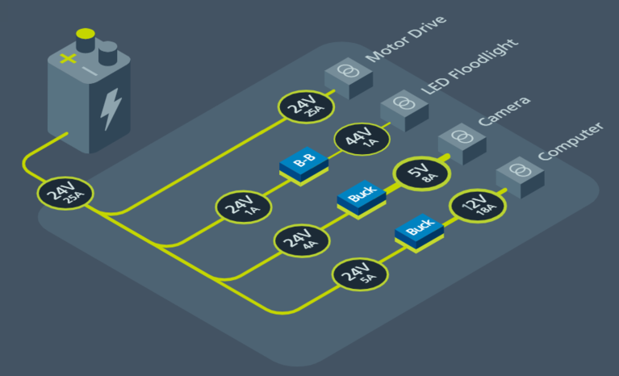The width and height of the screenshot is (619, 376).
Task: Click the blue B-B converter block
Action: click(304, 165)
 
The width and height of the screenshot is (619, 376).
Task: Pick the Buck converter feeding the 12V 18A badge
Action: click(420, 232)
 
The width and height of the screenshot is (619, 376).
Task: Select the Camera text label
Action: click(504, 111)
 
